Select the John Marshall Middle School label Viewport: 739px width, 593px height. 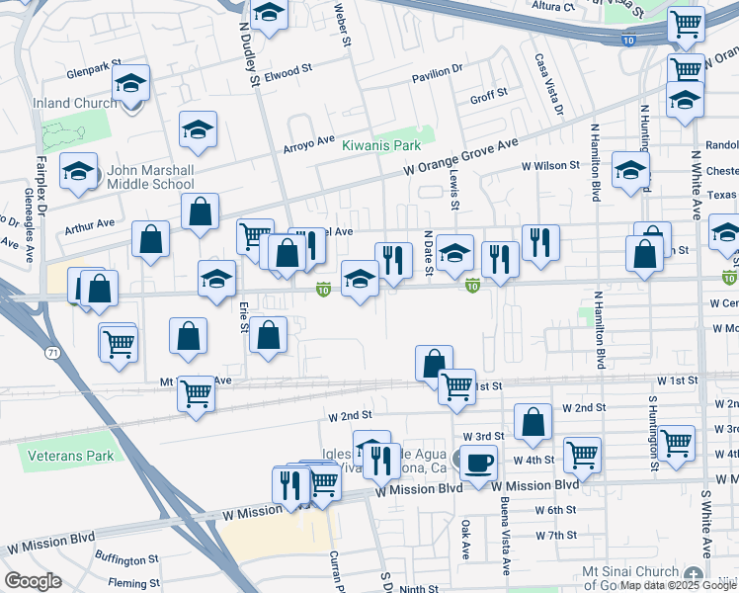(143, 176)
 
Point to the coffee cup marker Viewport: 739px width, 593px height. (478, 462)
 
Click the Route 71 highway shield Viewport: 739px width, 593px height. (48, 351)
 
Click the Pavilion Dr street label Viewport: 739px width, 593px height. (436, 70)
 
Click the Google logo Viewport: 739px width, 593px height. (33, 581)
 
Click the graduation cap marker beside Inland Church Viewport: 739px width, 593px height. (129, 86)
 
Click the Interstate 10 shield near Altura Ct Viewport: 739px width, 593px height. (629, 40)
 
